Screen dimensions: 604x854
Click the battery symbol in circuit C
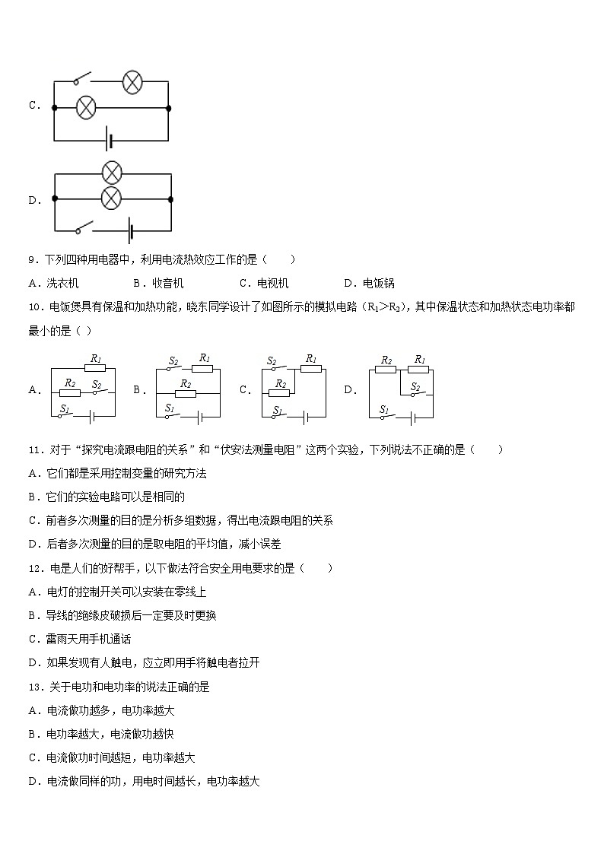click(x=111, y=141)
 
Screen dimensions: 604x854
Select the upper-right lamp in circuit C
click(x=132, y=82)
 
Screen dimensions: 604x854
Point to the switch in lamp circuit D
click(x=82, y=227)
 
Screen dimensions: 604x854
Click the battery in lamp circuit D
click(x=131, y=230)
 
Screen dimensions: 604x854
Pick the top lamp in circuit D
click(x=112, y=173)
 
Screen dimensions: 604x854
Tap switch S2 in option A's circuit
click(x=97, y=392)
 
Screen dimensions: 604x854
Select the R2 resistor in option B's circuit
click(x=185, y=393)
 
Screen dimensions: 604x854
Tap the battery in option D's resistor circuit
click(x=413, y=417)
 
